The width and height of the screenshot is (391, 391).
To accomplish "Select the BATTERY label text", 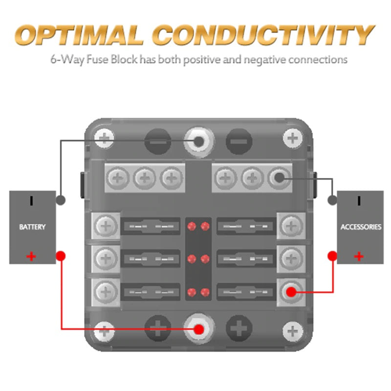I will click(32, 227).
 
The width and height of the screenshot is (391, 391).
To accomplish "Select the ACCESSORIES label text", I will click(360, 227).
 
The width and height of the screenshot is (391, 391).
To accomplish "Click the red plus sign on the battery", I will click(31, 256).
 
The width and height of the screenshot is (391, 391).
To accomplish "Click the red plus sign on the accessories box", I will click(359, 256).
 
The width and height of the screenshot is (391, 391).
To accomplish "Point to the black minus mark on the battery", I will click(31, 200).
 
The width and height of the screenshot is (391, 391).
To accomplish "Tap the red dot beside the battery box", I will click(61, 255).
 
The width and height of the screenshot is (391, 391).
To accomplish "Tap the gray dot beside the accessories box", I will click(333, 200).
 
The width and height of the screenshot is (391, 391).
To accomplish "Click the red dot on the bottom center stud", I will click(198, 329).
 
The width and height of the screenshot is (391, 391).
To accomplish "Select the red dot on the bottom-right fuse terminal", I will click(291, 292).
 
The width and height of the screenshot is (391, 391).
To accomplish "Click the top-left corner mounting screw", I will click(104, 139).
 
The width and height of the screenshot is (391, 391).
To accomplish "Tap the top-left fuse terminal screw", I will click(105, 226).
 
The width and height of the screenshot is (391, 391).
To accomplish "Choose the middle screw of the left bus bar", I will click(144, 178).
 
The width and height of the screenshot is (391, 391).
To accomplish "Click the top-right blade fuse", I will click(246, 226).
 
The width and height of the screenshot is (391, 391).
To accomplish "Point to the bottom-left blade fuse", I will click(151, 292).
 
